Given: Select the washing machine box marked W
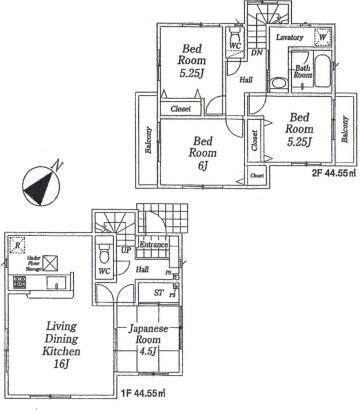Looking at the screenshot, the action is [323, 39].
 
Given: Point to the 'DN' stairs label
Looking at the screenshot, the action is [257, 51].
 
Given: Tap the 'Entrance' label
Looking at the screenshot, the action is [154, 245].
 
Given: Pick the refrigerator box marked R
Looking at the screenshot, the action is [17, 246].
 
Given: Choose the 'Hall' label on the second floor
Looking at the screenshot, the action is [245, 80].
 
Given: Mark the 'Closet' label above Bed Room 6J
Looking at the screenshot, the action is [181, 108].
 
